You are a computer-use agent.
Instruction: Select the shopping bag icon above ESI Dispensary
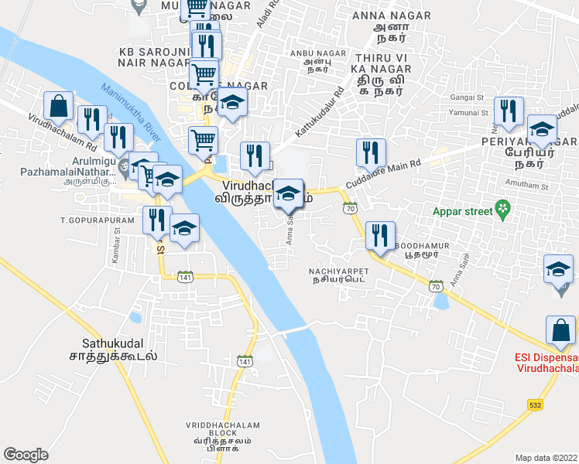[x=560, y=330]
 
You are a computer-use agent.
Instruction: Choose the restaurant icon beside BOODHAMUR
[x=380, y=236]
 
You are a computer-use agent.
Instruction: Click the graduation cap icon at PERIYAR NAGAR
[x=542, y=129]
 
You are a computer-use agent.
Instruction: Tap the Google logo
[x=26, y=454]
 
